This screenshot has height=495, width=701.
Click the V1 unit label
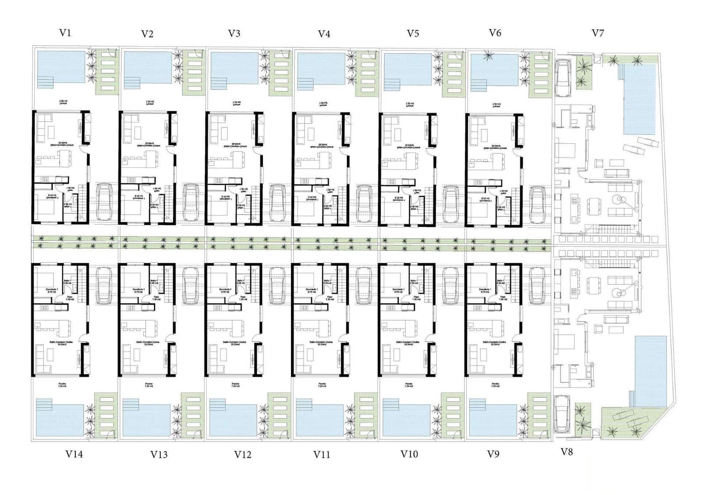tap(65, 33)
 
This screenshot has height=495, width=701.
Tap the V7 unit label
tap(598, 33)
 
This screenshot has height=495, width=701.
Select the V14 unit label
tap(74, 454)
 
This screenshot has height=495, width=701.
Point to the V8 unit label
tap(566, 452)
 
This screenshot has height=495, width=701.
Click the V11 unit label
tap(322, 455)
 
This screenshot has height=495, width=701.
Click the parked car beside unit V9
tap(537, 285)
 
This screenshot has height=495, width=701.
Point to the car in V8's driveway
tap(561, 414)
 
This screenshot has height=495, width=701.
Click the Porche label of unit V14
tap(62, 384)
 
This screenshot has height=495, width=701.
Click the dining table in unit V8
tap(594, 285)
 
